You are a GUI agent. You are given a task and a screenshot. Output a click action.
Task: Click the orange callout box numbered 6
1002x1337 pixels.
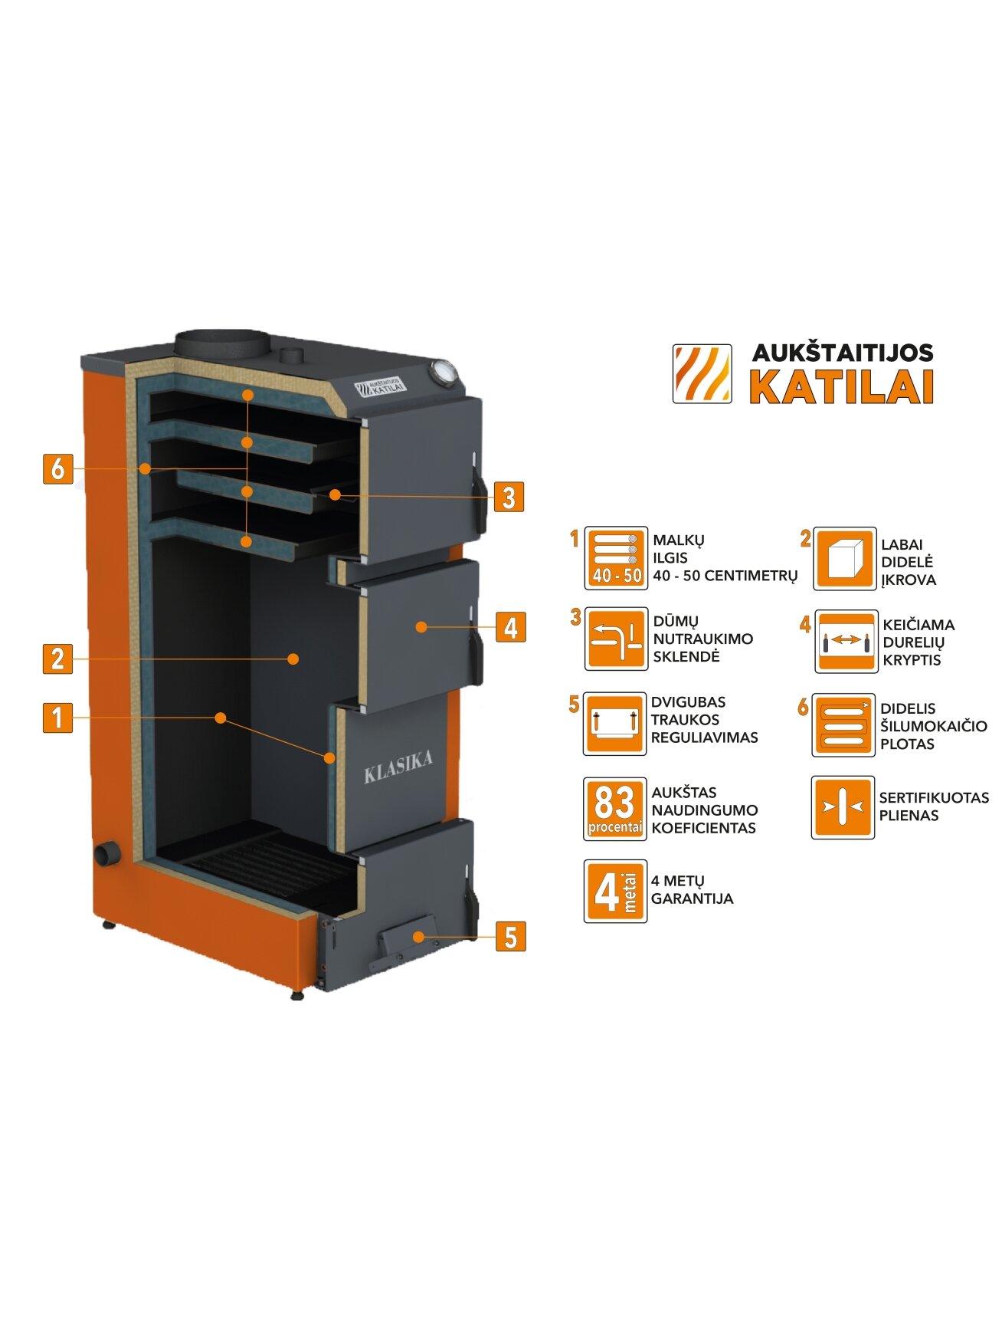(57, 468)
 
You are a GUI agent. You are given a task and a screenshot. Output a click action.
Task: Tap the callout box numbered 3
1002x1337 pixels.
(509, 497)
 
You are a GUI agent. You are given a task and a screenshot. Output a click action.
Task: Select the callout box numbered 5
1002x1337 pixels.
(511, 937)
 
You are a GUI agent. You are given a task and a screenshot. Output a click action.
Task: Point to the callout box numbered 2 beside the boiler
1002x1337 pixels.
(57, 659)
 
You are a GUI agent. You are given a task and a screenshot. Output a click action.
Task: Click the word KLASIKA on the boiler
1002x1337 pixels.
(398, 767)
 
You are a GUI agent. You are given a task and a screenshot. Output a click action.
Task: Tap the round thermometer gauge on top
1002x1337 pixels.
(444, 371)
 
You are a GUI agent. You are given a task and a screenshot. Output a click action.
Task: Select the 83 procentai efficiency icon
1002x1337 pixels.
(615, 809)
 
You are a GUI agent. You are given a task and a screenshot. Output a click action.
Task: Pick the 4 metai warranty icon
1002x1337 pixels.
(615, 892)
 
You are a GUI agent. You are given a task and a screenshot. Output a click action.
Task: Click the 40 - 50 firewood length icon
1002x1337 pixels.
(616, 558)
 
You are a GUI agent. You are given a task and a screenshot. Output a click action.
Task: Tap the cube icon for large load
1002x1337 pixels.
(844, 559)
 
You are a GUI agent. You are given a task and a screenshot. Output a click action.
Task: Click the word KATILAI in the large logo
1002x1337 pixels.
(841, 387)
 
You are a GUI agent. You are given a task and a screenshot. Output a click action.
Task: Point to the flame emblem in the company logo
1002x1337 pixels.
(702, 374)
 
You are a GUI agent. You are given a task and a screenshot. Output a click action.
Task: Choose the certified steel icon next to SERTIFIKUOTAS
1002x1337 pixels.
(843, 807)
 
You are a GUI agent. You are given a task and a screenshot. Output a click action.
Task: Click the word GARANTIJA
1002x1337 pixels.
(692, 898)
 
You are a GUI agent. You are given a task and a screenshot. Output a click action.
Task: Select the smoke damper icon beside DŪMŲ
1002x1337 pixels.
(616, 639)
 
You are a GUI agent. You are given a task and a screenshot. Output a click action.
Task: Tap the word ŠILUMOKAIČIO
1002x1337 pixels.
(934, 726)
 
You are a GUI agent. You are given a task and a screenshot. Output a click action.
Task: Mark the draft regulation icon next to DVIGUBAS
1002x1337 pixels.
(614, 724)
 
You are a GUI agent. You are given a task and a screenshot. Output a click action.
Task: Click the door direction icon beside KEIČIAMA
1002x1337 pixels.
(846, 642)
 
